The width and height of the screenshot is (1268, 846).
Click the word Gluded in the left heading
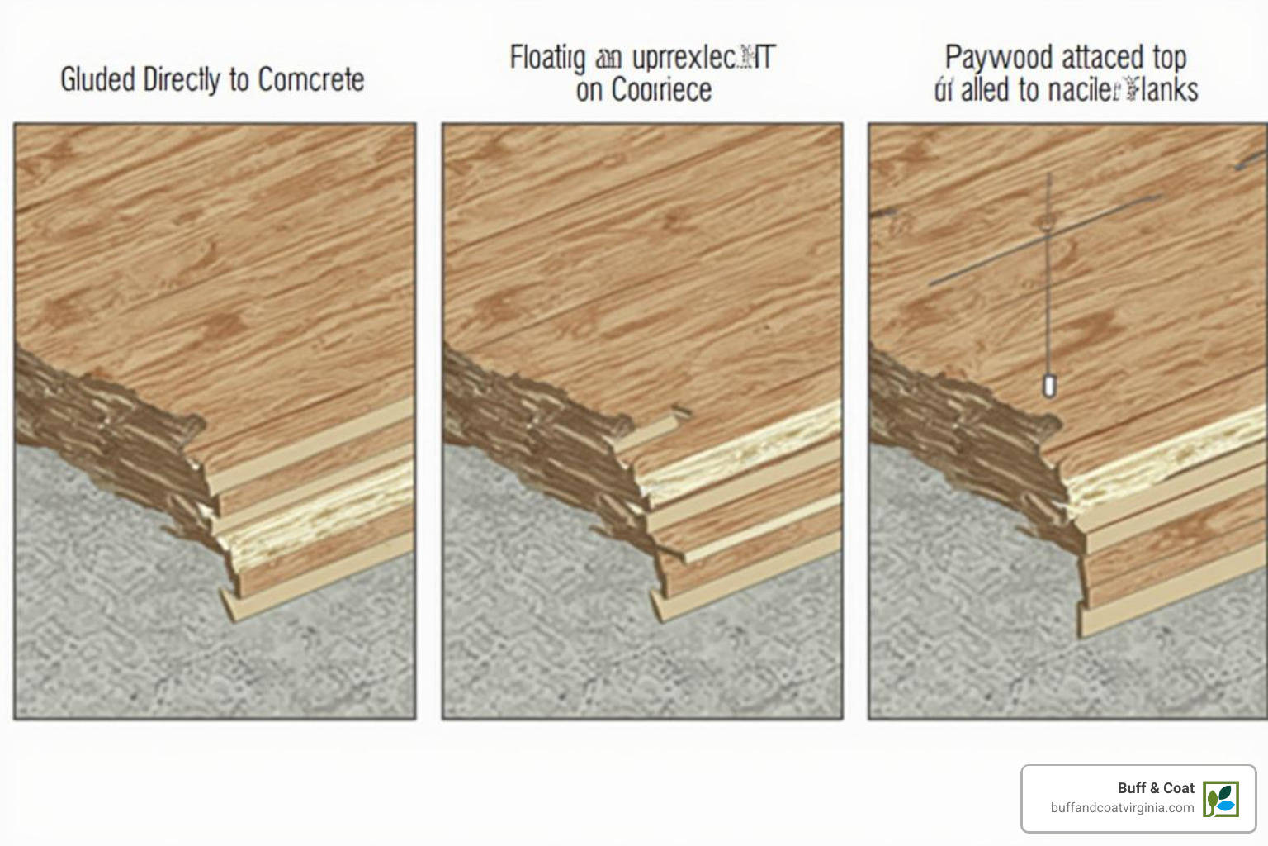pyautogui.click(x=97, y=80)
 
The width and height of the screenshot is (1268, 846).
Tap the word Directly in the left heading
pyautogui.click(x=181, y=80)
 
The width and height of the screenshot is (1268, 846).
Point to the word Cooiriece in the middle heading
pyautogui.click(x=660, y=90)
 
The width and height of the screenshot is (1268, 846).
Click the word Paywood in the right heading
pyautogui.click(x=998, y=58)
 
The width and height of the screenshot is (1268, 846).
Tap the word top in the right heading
pyautogui.click(x=1169, y=58)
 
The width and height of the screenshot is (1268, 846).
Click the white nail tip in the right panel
pyautogui.click(x=1049, y=386)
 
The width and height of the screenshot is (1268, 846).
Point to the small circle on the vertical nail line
pyautogui.click(x=1048, y=221)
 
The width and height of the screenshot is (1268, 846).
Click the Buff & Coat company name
pyautogui.click(x=1155, y=788)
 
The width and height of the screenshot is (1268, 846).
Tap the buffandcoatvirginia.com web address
pyautogui.click(x=1122, y=808)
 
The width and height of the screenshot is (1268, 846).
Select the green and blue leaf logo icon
pyautogui.click(x=1220, y=799)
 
